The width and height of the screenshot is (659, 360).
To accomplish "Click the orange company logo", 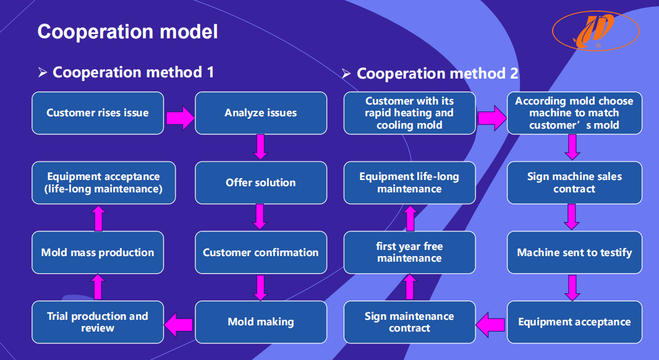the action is (x=595, y=30).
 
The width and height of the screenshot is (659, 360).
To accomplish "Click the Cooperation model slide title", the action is (x=128, y=32).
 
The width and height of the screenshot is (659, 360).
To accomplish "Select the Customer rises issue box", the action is (x=98, y=113).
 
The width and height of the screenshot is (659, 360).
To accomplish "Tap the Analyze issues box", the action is (x=261, y=113).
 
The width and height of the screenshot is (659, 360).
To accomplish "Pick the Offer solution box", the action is (x=261, y=183).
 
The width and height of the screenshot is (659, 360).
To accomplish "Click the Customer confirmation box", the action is (x=261, y=252).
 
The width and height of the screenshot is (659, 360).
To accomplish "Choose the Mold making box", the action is (x=261, y=322).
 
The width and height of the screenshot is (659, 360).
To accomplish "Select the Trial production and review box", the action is (x=98, y=322).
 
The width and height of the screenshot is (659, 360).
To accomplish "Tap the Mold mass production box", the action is (x=98, y=252).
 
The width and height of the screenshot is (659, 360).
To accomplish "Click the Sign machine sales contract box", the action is (x=574, y=183).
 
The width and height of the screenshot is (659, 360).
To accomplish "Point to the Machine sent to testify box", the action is (x=574, y=252).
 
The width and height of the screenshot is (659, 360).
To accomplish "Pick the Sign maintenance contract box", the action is (x=409, y=322).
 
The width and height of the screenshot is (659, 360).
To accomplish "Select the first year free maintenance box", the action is (x=409, y=252).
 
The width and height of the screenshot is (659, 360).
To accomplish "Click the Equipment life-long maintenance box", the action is (x=409, y=183).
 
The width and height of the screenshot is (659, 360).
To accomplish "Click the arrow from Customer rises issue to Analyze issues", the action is (x=180, y=118).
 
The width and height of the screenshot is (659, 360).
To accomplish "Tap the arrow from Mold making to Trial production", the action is (x=179, y=325).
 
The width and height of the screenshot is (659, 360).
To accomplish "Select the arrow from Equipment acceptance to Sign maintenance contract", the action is (x=490, y=325).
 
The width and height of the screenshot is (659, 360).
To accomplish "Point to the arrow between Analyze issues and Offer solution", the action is (x=261, y=147).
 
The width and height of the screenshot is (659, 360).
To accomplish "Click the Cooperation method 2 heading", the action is (x=437, y=74).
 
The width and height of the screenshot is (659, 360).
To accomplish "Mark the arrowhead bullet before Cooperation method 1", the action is (x=43, y=72).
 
